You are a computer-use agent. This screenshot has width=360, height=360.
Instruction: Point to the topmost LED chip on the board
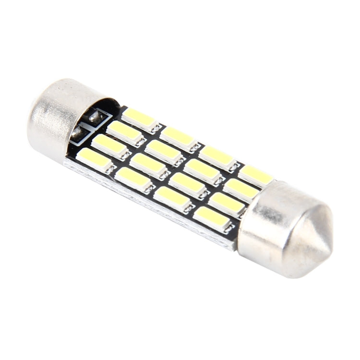point(139,118)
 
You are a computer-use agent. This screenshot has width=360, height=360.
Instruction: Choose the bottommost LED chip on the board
point(211,216)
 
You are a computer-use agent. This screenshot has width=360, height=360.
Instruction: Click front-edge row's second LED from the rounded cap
point(133,179)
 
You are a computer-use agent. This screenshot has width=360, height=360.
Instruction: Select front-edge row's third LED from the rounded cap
point(172,197)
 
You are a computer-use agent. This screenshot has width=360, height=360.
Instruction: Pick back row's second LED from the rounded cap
point(178,137)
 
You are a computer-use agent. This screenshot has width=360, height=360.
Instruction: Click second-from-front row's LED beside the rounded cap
point(109,145)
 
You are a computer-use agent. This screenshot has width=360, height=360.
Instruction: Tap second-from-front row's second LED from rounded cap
point(148,164)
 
